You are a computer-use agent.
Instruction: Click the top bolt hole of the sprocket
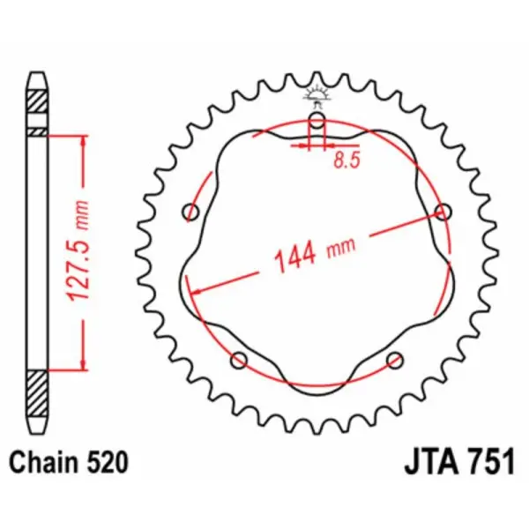click(x=317, y=122)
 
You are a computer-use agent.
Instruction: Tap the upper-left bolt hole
click(x=191, y=212)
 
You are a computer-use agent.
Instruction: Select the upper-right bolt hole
click(x=443, y=212)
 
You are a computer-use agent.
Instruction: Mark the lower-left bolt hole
click(x=238, y=360)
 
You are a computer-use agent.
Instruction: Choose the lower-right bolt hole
click(x=395, y=360)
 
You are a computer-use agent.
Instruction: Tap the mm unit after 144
click(x=340, y=250)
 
